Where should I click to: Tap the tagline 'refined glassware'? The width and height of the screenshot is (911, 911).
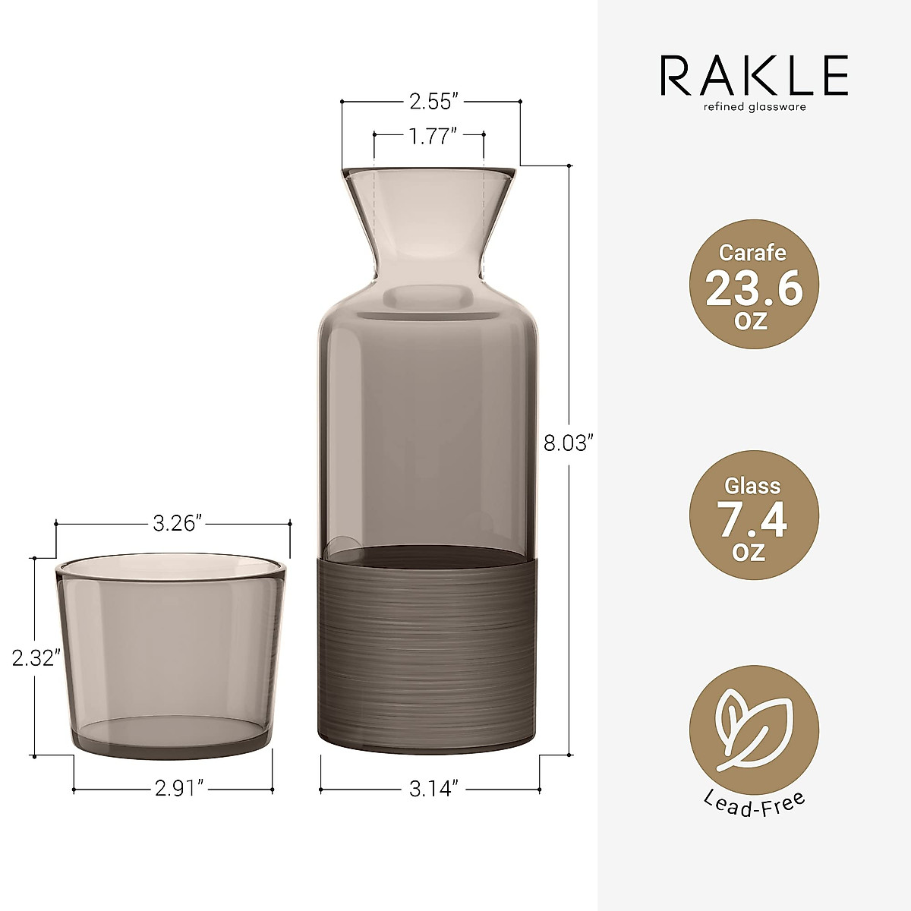(x=753, y=107)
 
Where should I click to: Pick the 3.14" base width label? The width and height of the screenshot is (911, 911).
(x=430, y=790)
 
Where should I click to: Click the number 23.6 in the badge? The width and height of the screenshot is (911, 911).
(x=753, y=289)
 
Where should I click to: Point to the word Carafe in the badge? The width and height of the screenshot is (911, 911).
(x=753, y=253)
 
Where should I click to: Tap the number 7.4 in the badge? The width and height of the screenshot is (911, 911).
(x=753, y=522)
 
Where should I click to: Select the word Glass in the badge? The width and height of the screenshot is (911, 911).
(x=753, y=486)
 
